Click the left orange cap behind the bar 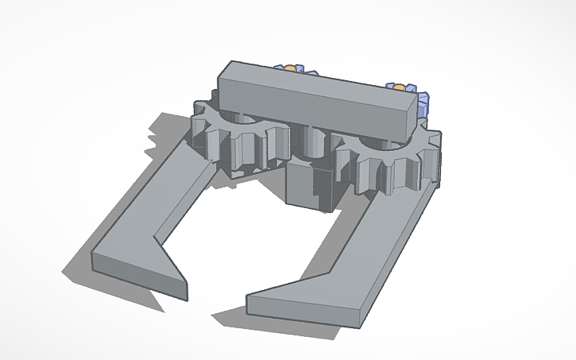(292, 68)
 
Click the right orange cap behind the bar (400, 85)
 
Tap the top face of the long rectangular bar (318, 80)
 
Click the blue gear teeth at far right (424, 103)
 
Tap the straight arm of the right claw (381, 246)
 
